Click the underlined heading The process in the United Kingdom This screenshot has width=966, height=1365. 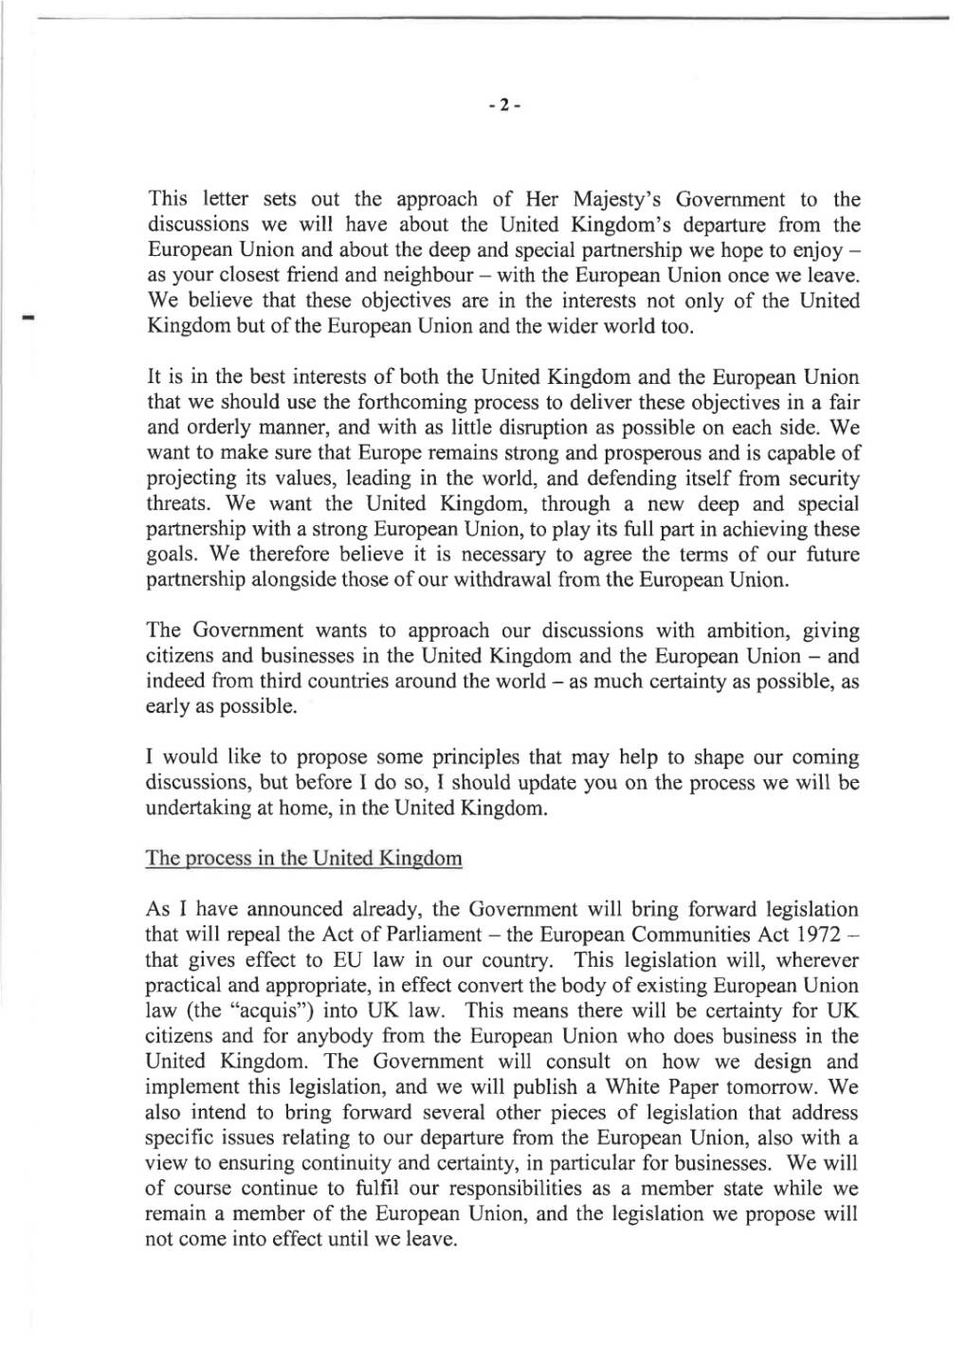click(x=303, y=859)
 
